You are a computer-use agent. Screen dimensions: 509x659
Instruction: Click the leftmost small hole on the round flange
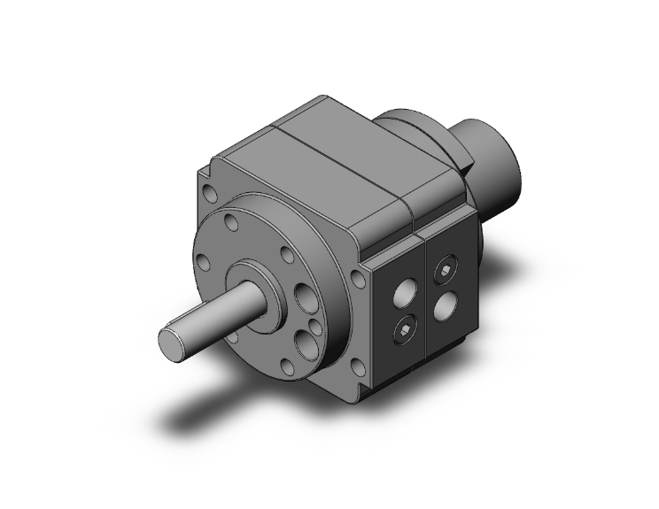point(202,261)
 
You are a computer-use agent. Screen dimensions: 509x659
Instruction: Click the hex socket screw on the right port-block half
point(447,272)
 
